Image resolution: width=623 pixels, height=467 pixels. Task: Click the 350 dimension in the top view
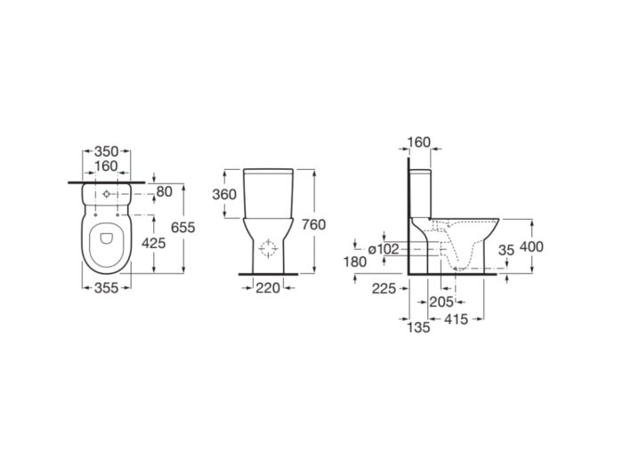(106, 151)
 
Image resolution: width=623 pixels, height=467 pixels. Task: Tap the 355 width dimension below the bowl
(106, 288)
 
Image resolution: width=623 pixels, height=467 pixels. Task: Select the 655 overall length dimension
(182, 228)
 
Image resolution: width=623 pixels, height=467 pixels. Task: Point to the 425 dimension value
(153, 243)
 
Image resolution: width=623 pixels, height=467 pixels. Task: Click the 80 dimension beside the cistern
(164, 192)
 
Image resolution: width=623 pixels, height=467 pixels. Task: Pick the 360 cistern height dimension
(224, 195)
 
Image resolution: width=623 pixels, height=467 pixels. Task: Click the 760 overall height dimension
(313, 225)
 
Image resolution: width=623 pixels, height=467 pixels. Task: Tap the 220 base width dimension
(268, 288)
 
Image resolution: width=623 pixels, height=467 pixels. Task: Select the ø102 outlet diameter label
(383, 249)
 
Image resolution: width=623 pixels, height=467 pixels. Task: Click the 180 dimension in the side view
(354, 262)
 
